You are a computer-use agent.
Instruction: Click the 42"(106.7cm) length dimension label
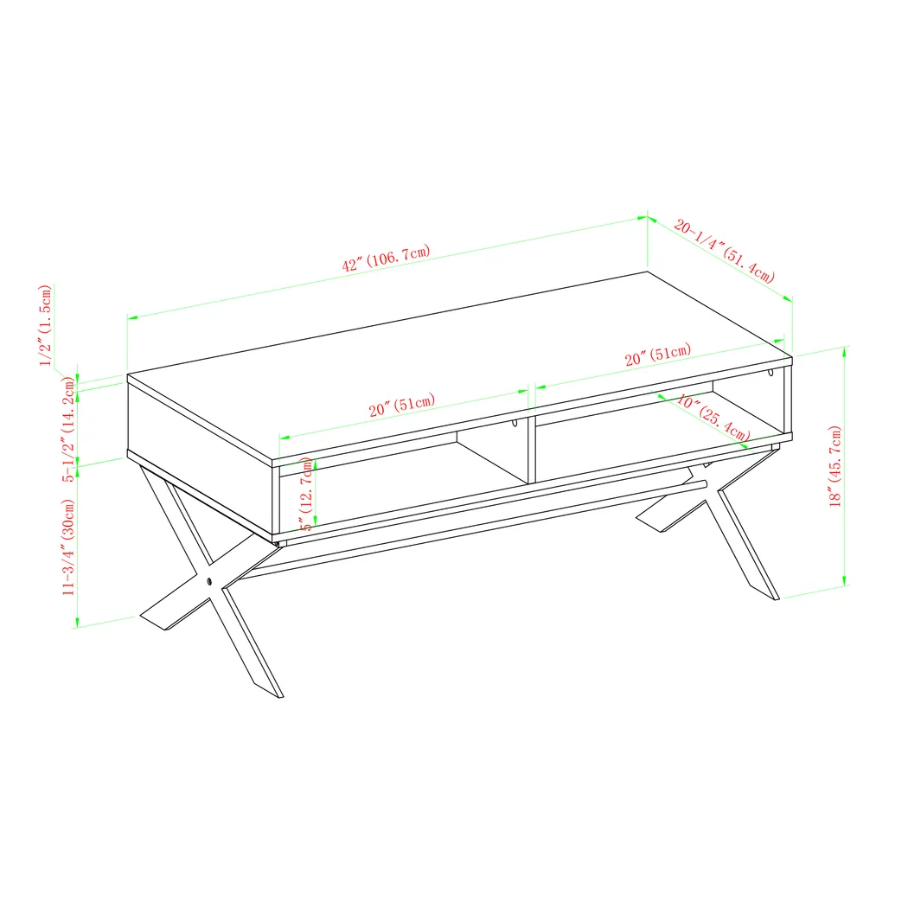point(386,258)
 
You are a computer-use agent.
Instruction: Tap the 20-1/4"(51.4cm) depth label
point(724,252)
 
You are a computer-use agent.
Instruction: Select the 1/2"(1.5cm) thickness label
point(48,324)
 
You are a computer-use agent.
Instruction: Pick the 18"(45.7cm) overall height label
point(834,467)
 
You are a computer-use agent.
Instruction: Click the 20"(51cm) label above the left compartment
point(401,406)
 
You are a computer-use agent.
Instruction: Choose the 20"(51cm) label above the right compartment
point(657,355)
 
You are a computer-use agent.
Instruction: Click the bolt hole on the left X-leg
point(210,581)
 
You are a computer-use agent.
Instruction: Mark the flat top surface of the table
point(458,363)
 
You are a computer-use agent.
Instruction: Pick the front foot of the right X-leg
point(765,588)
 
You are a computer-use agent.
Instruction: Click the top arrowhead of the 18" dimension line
point(845,349)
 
